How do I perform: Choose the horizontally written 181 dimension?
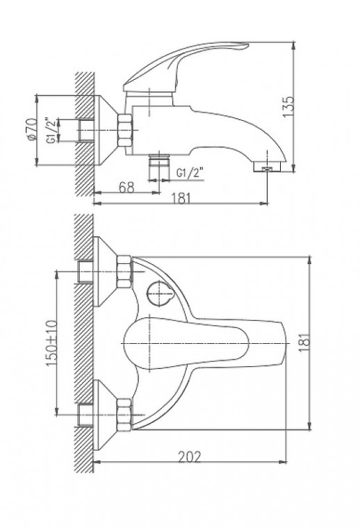tap(181, 199)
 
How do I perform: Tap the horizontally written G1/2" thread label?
tap(190, 172)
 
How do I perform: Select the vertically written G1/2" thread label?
tap(51, 130)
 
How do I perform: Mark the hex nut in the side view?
tap(125, 130)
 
